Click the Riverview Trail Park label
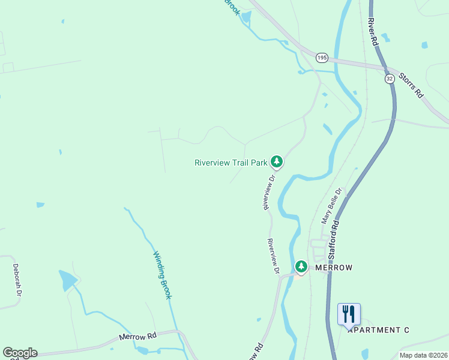click(231, 163)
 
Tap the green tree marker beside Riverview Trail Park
click(277, 161)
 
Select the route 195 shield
click(322, 58)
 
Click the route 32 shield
click(390, 79)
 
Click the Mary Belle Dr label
click(331, 206)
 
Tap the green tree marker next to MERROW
click(301, 266)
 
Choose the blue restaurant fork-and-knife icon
click(349, 313)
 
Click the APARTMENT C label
click(378, 330)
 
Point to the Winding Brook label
click(162, 275)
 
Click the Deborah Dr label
click(17, 280)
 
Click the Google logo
click(20, 352)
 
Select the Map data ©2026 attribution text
click(423, 355)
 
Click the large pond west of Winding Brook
click(68, 280)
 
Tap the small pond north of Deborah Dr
click(40, 205)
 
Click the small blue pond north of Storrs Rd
click(425, 45)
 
